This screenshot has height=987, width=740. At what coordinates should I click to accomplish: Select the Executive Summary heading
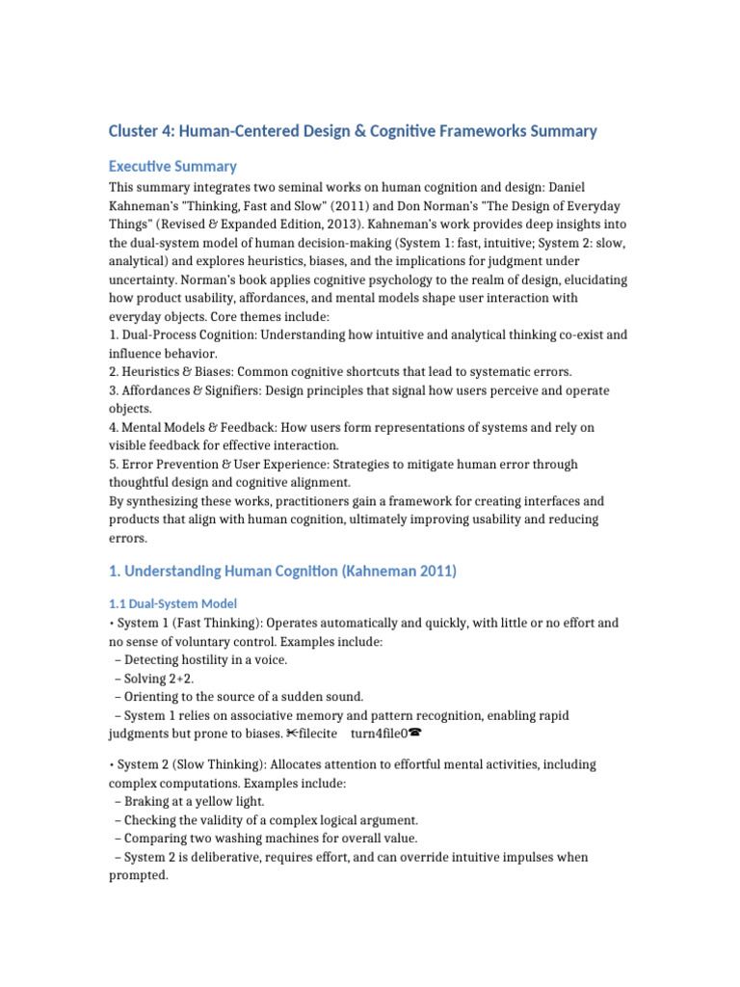pos(172,166)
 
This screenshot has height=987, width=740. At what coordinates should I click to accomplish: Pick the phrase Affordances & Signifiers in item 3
pos(193,390)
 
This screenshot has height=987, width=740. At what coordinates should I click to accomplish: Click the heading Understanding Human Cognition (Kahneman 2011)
pos(283,571)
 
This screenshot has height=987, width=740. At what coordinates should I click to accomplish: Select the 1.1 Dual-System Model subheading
pos(172,603)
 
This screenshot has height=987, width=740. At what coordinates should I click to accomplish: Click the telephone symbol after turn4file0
pos(415,734)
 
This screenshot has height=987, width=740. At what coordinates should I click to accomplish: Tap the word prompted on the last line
pos(138,875)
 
